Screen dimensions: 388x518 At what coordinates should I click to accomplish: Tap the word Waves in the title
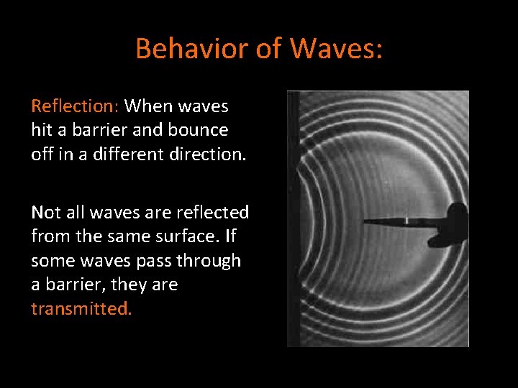click(336, 49)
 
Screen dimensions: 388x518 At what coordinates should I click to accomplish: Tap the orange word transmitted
click(81, 310)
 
